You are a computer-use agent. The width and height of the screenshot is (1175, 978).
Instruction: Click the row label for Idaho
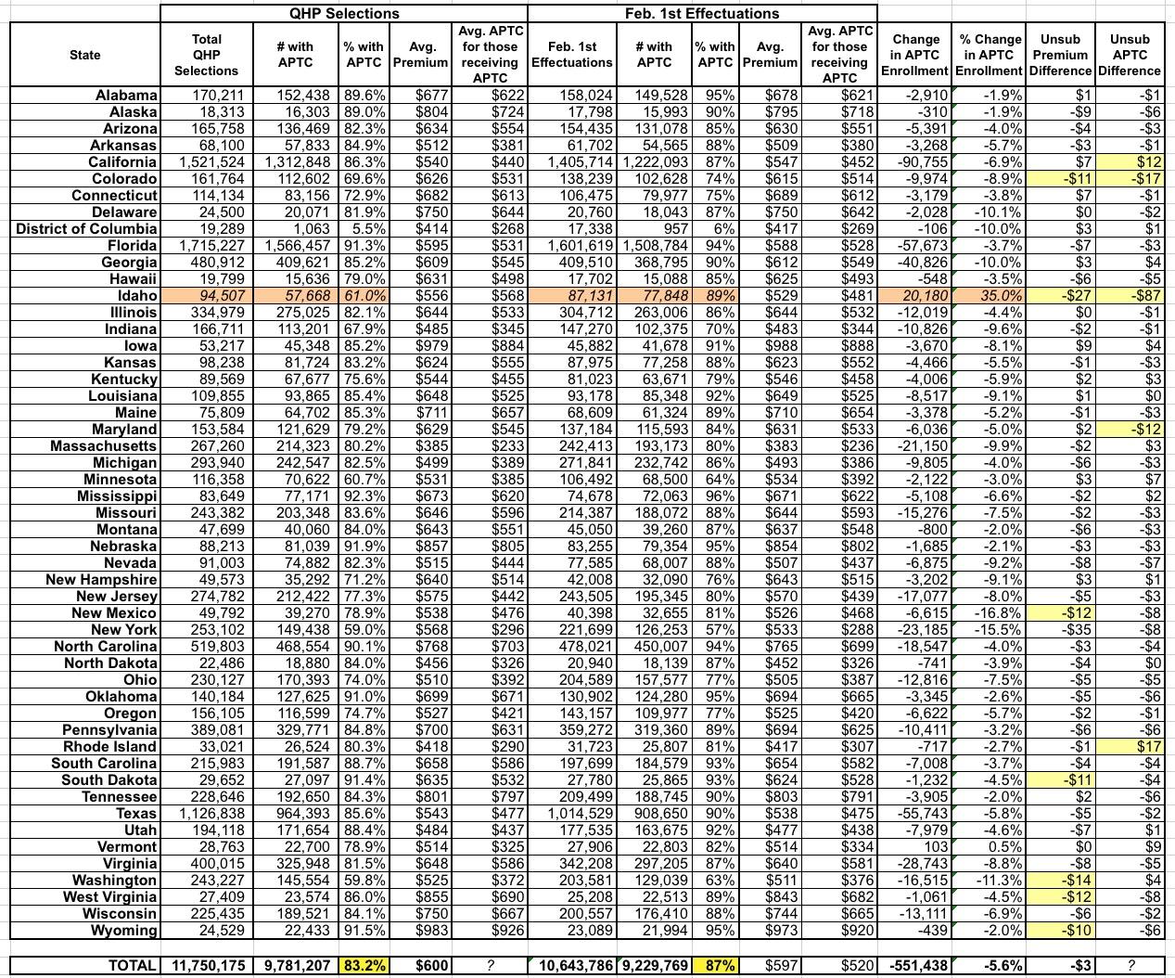tap(134, 296)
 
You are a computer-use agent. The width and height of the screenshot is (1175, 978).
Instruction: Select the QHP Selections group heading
tap(343, 13)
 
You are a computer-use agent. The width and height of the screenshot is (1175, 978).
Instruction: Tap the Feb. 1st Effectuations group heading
tap(702, 13)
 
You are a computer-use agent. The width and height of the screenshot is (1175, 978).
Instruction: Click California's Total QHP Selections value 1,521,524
tap(207, 162)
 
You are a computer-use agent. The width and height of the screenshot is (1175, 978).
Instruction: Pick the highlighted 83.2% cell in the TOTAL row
tap(364, 966)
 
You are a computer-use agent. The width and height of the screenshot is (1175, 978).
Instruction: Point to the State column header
tap(85, 55)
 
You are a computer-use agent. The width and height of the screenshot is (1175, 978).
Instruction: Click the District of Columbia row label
tap(87, 229)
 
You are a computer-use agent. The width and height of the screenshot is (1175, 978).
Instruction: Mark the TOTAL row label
tap(132, 966)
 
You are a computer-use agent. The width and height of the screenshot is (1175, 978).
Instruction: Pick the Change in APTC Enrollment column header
tap(915, 55)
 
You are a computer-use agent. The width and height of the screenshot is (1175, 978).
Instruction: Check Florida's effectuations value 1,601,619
tap(573, 246)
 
